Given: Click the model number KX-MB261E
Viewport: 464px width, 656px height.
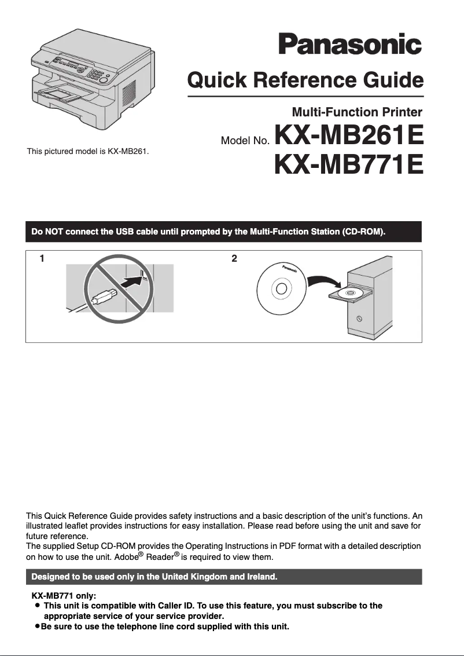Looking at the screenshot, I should (349, 137).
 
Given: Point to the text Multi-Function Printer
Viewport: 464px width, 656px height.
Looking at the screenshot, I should (357, 112).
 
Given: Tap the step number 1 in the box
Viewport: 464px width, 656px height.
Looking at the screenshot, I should (42, 259).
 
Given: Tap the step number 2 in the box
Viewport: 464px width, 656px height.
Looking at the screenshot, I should (234, 259).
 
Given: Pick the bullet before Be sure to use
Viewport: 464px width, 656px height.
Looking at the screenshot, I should (37, 626).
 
